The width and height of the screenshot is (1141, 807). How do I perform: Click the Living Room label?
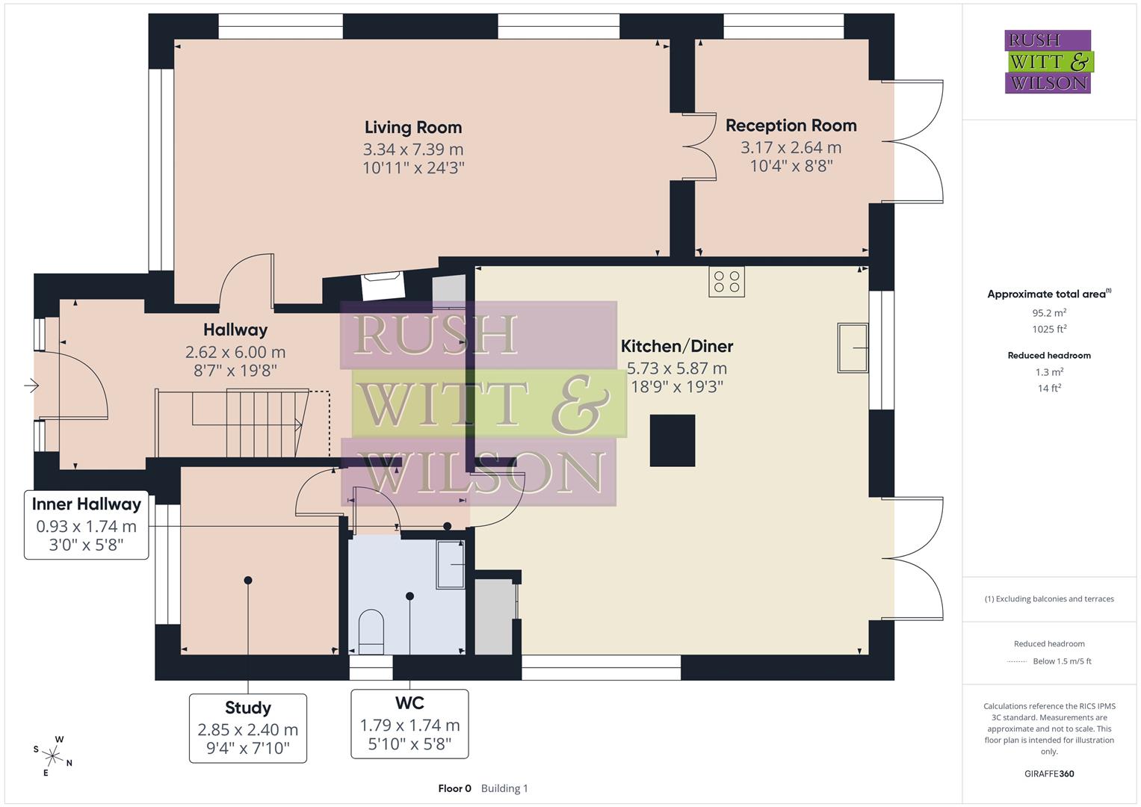click(x=413, y=127)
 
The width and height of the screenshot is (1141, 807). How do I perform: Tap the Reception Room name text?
click(x=791, y=126)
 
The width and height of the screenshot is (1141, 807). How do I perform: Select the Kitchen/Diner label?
click(x=677, y=346)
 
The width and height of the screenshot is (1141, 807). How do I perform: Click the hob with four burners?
click(x=726, y=282)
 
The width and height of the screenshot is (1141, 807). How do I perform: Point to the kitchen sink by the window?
click(x=852, y=347)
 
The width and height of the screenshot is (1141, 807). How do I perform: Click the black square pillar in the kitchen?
click(x=672, y=441)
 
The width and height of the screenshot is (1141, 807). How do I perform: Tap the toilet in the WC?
click(x=371, y=628)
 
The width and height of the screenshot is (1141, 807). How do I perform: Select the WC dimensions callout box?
click(x=409, y=723)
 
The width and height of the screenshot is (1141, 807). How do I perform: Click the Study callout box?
click(x=247, y=728)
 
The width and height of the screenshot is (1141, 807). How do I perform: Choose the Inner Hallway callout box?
click(x=87, y=525)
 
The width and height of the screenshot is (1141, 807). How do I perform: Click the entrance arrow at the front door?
click(x=31, y=386)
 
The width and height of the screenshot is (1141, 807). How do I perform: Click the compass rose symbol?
click(x=52, y=755)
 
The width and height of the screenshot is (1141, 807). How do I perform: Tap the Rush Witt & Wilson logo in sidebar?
click(x=1048, y=62)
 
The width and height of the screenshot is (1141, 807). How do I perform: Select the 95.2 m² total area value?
click(x=1049, y=313)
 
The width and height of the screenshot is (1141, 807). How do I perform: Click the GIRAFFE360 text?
click(x=1049, y=773)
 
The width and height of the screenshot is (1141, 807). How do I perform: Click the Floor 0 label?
click(x=454, y=788)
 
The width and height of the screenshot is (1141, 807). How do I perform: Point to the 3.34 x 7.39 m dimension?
click(x=413, y=149)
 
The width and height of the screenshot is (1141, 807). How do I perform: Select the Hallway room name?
click(x=235, y=330)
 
